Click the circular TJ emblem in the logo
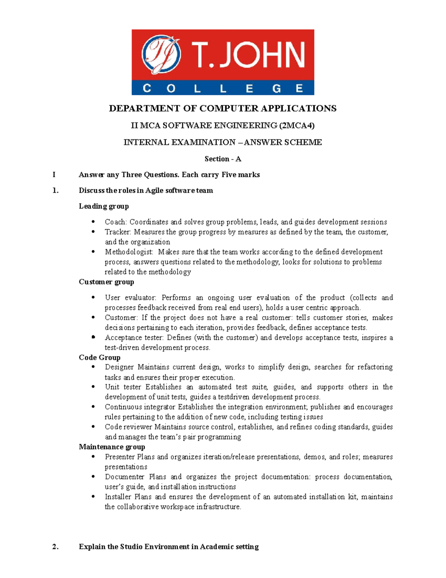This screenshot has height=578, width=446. [x=161, y=55]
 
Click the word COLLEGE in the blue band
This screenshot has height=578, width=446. [x=223, y=88]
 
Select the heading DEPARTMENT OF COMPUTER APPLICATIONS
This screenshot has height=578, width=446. [x=223, y=108]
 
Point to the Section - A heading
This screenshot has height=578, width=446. [x=223, y=159]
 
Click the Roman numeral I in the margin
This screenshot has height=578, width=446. [x=54, y=175]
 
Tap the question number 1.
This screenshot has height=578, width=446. [x=55, y=191]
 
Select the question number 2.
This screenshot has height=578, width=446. [x=55, y=546]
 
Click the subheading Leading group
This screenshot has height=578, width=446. [x=104, y=206]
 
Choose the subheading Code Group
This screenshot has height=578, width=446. [x=100, y=357]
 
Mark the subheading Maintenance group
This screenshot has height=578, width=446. [x=112, y=447]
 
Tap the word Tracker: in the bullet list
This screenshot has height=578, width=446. [x=118, y=232]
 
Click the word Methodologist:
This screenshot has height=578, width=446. [x=129, y=252]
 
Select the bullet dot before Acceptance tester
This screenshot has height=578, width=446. [x=93, y=337]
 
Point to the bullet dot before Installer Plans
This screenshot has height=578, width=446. [x=93, y=496]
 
